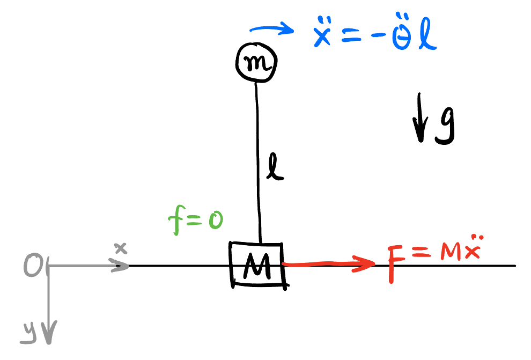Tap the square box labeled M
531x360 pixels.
(257, 264)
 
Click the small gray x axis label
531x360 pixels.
(121, 248)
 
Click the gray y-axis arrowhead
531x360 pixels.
(49, 335)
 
